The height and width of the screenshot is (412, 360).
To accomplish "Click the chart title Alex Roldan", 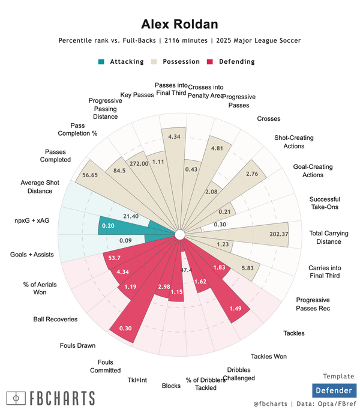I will coord(179,24).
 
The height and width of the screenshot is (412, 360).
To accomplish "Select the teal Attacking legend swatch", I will coord(101,61).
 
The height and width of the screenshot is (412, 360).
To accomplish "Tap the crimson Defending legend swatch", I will coord(210,61).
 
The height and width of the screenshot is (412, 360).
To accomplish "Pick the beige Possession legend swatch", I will coord(154,61).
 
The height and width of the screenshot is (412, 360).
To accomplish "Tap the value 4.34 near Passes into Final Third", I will coord(175,137).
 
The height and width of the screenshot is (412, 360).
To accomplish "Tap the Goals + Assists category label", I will coord(32,255).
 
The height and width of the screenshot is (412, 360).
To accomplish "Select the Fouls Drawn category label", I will coord(78,345).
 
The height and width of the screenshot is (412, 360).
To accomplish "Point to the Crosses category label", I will coord(268,119).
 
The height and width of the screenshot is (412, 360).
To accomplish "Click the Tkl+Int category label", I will coord(136,380).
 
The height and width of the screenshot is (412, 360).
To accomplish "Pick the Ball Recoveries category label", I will coord(55,319).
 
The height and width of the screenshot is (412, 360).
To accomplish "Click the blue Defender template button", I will coord(334,391).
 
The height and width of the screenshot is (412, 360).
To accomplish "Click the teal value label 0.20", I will coord(109,226).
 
